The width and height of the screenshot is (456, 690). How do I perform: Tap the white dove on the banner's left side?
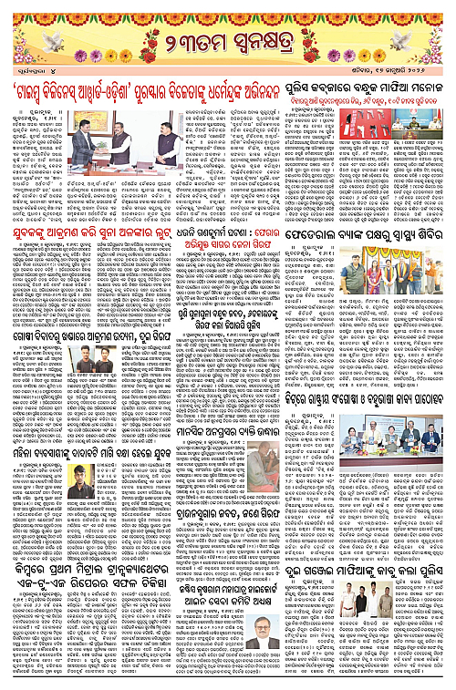pos(37,40)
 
